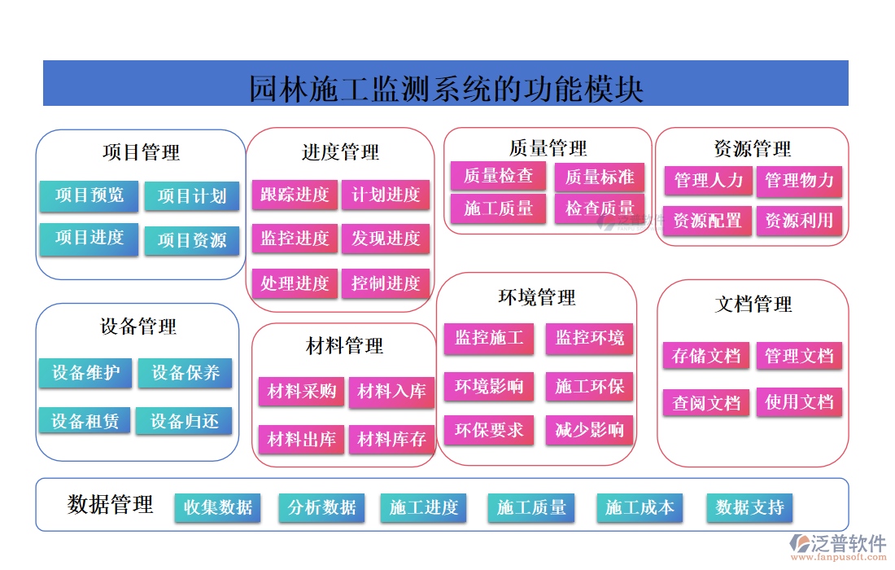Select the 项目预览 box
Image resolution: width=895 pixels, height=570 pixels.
(x=89, y=195)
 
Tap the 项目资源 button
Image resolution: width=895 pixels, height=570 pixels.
(x=192, y=240)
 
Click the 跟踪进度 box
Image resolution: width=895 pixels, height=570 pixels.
(x=295, y=195)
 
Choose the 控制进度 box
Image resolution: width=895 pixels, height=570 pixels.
(x=386, y=283)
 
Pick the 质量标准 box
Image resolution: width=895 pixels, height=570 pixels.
(x=600, y=177)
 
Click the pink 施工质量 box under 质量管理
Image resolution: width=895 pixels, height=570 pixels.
(x=499, y=208)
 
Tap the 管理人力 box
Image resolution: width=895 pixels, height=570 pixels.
(x=708, y=181)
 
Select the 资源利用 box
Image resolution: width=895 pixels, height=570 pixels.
(x=799, y=221)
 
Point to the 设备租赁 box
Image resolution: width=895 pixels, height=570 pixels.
(x=85, y=421)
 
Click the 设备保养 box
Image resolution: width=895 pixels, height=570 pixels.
(x=186, y=373)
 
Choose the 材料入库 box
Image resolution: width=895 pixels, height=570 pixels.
(x=391, y=392)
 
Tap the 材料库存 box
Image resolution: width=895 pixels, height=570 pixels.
(x=391, y=440)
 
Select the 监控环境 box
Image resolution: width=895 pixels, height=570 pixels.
(x=590, y=338)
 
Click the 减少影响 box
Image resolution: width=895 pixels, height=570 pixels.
(x=590, y=429)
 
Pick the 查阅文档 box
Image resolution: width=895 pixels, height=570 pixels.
(x=706, y=402)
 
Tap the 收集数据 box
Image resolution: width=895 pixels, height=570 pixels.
(x=218, y=507)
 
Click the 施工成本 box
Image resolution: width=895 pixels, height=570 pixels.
(x=640, y=507)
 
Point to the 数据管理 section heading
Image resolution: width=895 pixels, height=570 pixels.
(x=110, y=505)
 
